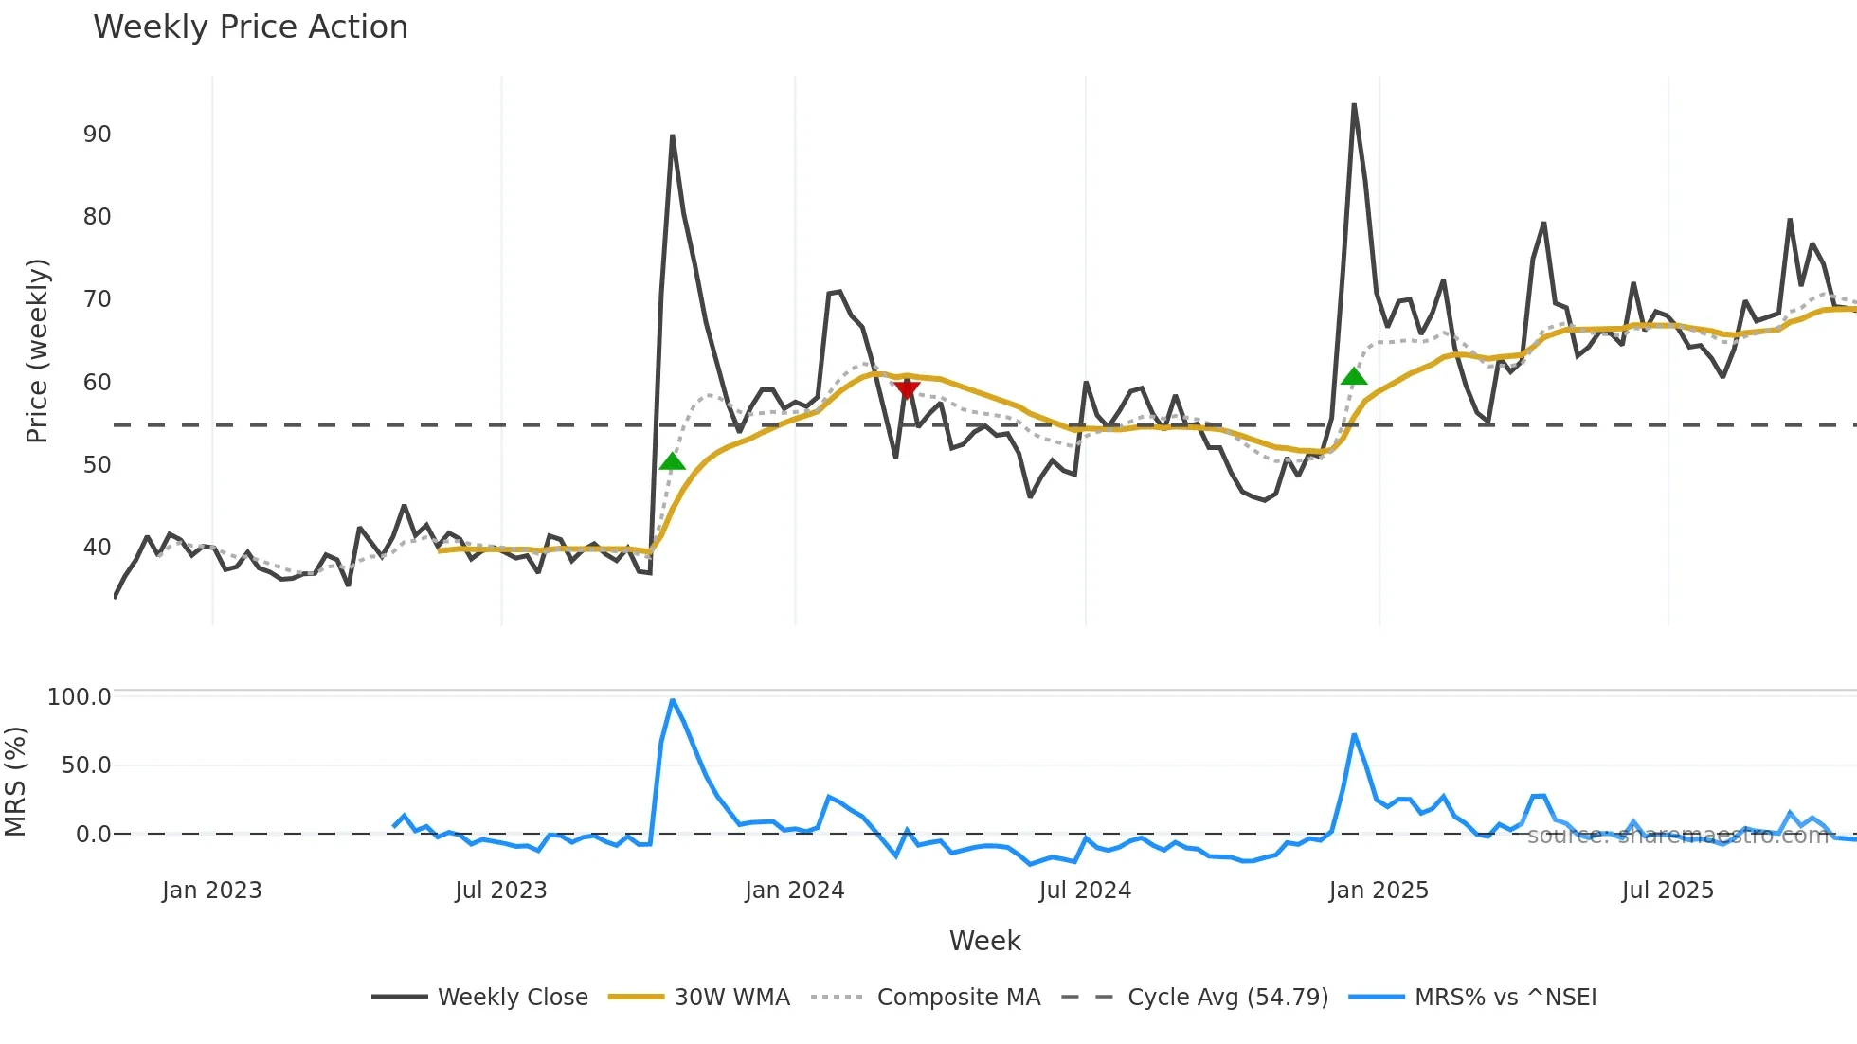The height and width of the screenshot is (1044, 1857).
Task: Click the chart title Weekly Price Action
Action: coord(250,27)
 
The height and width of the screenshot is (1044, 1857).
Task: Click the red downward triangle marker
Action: coord(907,389)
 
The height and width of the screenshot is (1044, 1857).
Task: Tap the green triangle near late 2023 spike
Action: coord(672,461)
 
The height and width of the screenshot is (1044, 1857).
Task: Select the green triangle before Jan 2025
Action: coord(1354,376)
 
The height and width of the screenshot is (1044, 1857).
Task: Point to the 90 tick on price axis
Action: coord(97,135)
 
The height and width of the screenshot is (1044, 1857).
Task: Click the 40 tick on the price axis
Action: coord(97,548)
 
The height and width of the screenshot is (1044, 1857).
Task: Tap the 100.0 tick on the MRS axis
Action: coord(80,697)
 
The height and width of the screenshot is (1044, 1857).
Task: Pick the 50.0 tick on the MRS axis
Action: coord(86,765)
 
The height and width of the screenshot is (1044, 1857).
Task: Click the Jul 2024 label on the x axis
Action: coord(1085,891)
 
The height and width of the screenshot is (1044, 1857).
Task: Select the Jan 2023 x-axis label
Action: coord(211,891)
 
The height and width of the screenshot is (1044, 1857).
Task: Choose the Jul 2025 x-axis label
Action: coord(1668,891)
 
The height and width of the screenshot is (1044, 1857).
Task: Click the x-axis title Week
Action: coord(984,941)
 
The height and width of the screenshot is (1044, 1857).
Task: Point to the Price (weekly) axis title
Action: coord(37,351)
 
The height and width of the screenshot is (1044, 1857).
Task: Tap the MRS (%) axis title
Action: coord(15,782)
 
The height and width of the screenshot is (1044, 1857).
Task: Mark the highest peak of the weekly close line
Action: coord(1354,105)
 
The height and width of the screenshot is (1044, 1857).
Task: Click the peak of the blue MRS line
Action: coord(672,700)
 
